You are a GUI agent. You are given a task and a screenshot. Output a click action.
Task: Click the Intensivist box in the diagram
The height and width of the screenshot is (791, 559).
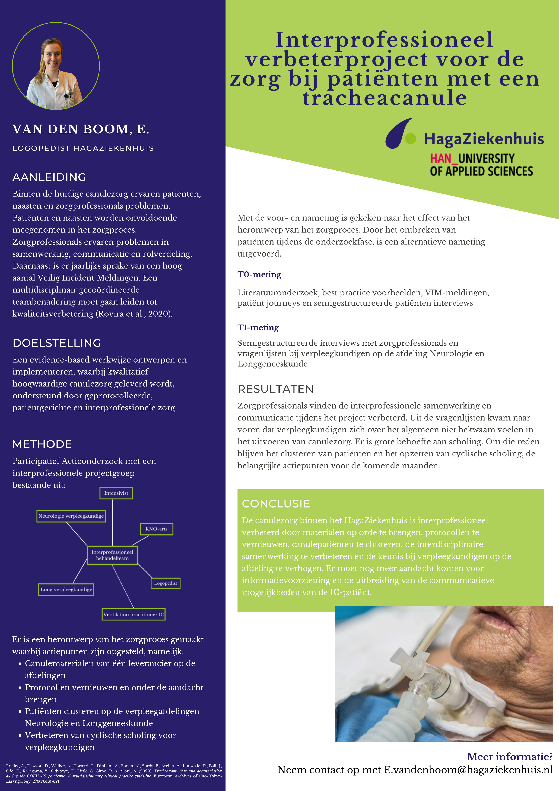tap(116, 493)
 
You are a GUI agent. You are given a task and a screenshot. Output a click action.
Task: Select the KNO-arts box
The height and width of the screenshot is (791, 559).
tap(156, 529)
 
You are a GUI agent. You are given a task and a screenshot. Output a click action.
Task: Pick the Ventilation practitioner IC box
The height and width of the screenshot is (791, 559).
tap(134, 614)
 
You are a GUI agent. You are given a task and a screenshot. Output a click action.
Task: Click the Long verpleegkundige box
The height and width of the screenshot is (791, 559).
tap(66, 589)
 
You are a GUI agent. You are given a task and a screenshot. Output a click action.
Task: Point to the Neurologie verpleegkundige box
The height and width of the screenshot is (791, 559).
tap(71, 516)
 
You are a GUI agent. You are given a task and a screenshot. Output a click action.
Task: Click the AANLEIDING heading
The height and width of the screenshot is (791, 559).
tap(49, 177)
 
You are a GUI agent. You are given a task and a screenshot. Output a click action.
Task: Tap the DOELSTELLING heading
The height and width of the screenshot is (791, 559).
tap(57, 343)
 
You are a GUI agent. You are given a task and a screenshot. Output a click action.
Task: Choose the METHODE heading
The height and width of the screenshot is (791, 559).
tap(42, 444)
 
